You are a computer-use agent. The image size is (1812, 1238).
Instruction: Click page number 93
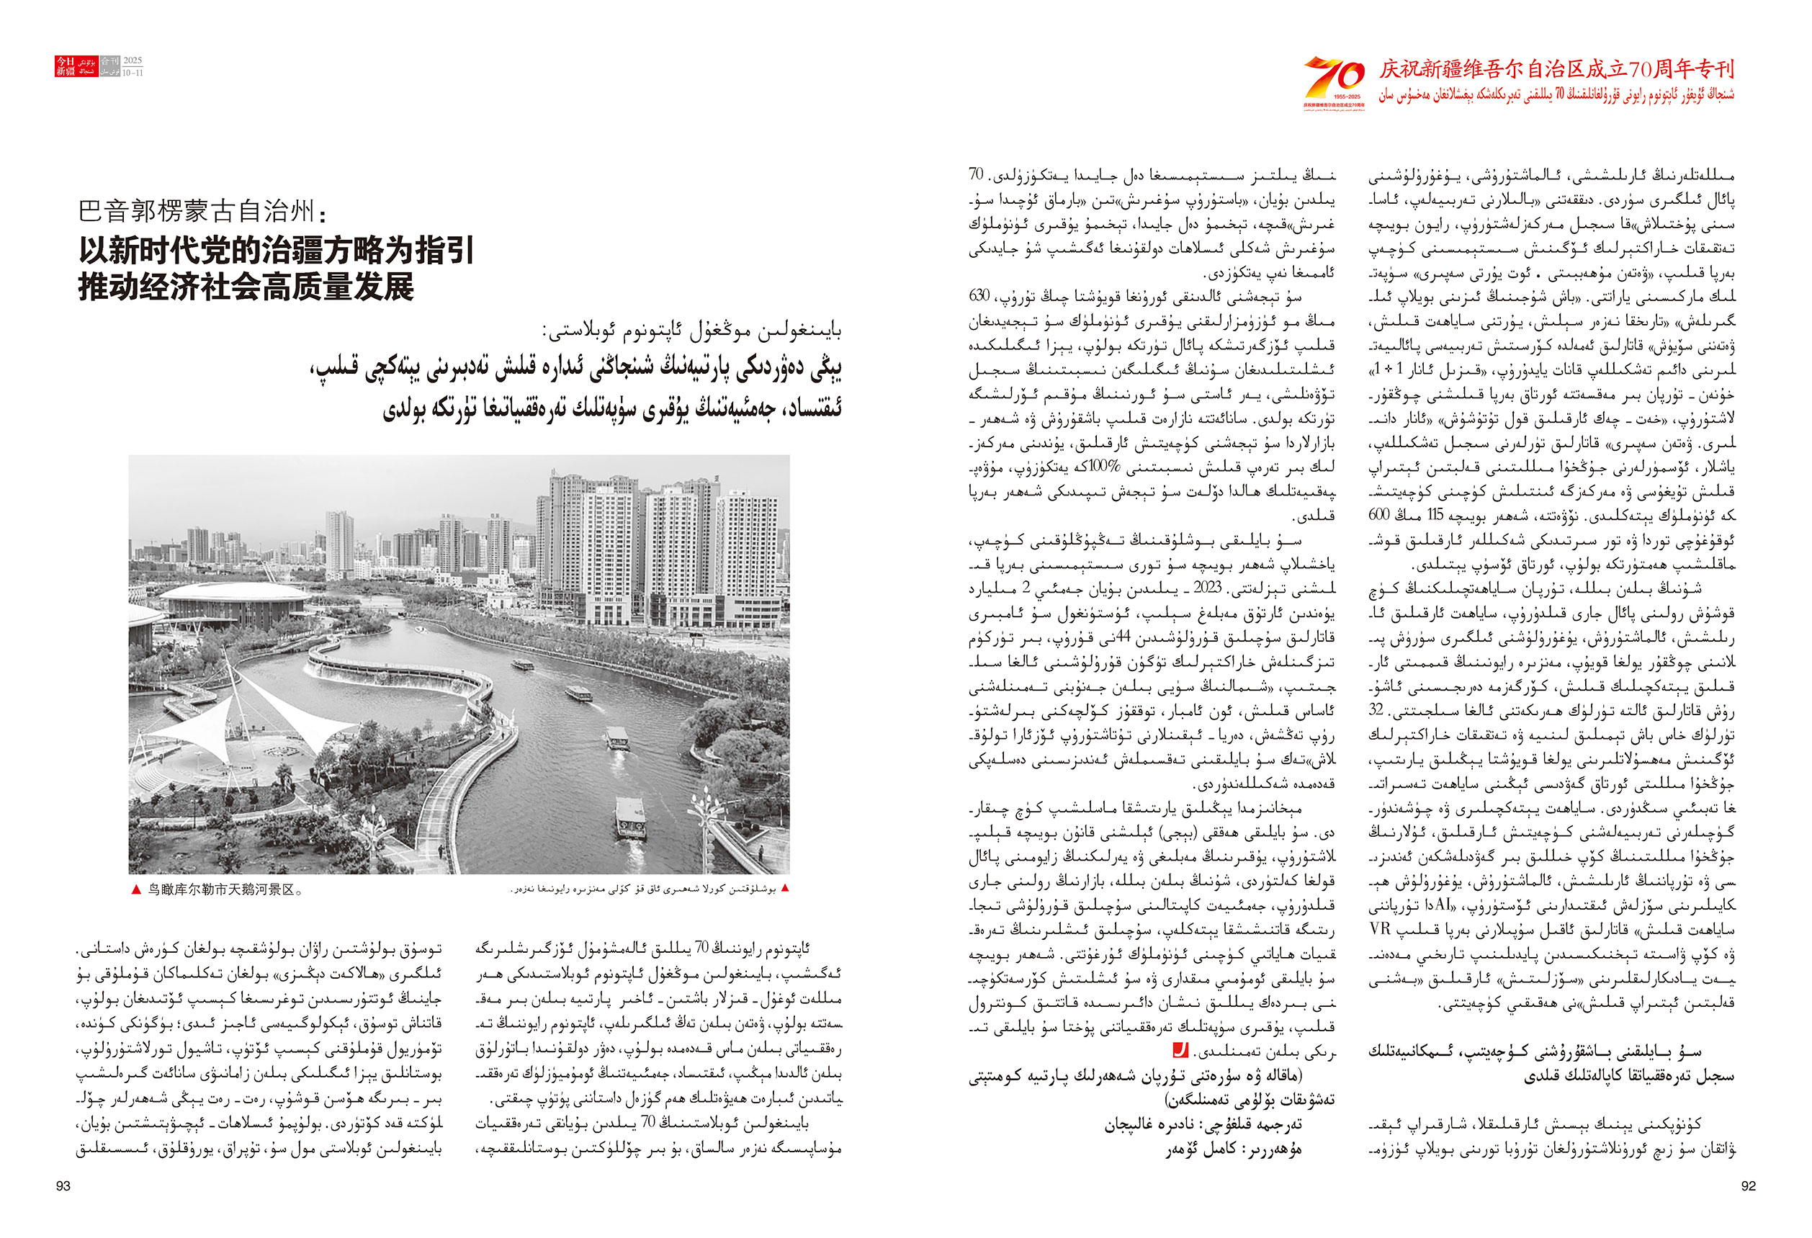[63, 1185]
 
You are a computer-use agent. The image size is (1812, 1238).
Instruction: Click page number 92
[1748, 1185]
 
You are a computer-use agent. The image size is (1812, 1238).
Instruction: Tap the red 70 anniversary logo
[1334, 80]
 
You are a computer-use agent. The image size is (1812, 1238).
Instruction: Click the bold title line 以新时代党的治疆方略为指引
[277, 251]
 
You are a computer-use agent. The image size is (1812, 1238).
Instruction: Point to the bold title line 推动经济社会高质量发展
[246, 287]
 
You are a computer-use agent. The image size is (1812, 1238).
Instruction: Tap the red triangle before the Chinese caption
[136, 889]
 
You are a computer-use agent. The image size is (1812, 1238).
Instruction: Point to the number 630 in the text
[979, 295]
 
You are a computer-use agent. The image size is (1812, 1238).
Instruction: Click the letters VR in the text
[1380, 929]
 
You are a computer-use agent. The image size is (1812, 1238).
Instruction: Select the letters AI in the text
[1443, 905]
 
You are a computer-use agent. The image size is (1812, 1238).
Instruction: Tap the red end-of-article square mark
[1180, 1050]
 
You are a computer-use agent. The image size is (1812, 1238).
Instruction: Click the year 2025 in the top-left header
[133, 60]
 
